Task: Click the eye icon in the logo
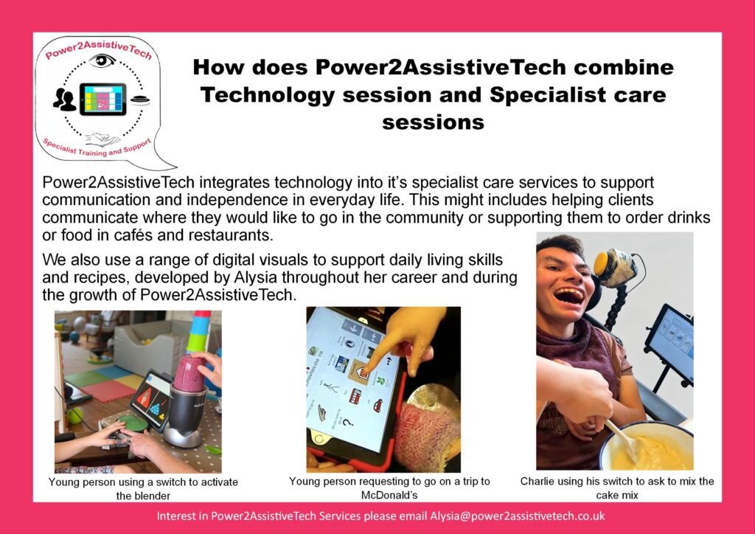click(102, 61)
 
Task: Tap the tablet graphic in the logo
click(102, 99)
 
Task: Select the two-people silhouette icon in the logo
click(65, 100)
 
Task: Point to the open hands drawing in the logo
click(102, 139)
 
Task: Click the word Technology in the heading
click(268, 95)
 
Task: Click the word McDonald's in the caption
click(389, 494)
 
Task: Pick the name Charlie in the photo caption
click(537, 481)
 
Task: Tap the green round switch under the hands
click(133, 423)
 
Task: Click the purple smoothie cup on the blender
click(189, 373)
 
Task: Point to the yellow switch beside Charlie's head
click(601, 264)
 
